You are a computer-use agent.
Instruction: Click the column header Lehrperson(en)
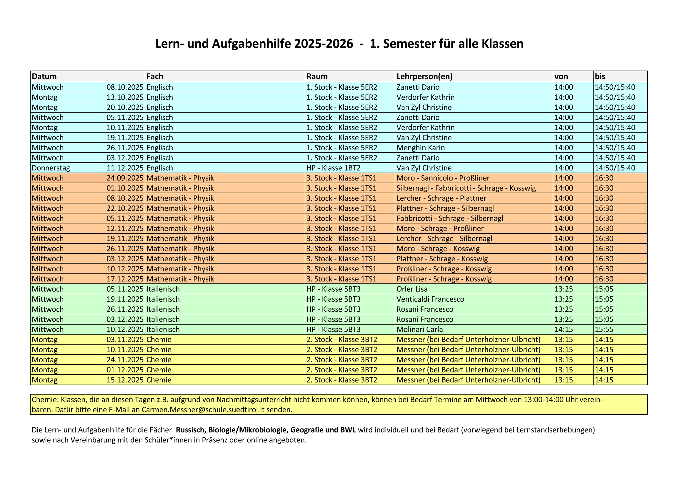(x=424, y=76)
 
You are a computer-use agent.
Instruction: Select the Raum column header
(x=317, y=76)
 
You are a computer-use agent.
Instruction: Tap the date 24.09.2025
(x=125, y=178)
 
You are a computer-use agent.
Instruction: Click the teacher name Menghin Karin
(x=420, y=148)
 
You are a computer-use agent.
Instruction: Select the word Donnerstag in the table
(x=51, y=168)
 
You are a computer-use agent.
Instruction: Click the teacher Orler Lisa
(x=412, y=289)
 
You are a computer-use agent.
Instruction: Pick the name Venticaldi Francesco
(x=430, y=299)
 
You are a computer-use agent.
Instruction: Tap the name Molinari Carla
(x=419, y=329)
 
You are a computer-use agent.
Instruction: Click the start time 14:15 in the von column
(x=563, y=329)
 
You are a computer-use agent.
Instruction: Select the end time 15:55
(x=604, y=329)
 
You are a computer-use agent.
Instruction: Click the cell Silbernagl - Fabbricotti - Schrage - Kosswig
(x=466, y=188)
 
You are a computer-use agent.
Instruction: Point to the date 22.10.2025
(x=125, y=208)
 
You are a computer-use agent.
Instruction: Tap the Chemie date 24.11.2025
(x=125, y=360)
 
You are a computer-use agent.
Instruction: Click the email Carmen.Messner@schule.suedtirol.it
(x=203, y=410)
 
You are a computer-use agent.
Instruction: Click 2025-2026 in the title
(x=323, y=44)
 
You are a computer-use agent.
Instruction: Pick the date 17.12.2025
(x=125, y=279)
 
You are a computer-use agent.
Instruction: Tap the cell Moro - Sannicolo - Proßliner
(x=443, y=178)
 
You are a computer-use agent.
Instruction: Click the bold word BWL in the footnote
(x=348, y=430)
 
